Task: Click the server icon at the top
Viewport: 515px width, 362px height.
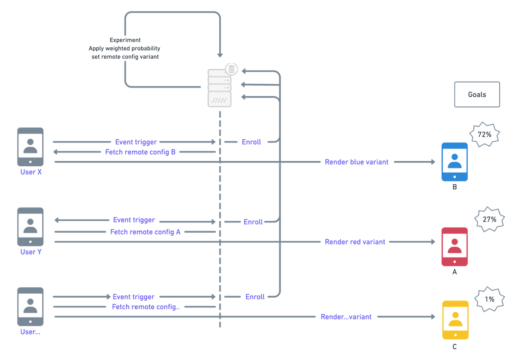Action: click(x=219, y=88)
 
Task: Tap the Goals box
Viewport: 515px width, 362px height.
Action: click(x=477, y=94)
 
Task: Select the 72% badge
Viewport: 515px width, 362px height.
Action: click(x=484, y=134)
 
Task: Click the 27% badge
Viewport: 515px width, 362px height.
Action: click(x=489, y=219)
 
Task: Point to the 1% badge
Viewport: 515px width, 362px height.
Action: click(x=489, y=299)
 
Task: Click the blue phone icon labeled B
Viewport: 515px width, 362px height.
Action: click(x=454, y=162)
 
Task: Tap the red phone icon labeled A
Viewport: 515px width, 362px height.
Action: click(x=454, y=247)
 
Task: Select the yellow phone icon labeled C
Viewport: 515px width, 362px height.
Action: click(x=455, y=320)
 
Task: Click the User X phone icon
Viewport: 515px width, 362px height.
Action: click(x=30, y=147)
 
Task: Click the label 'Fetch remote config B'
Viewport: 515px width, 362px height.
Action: click(x=140, y=152)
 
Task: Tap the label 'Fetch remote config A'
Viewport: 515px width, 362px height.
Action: click(x=145, y=232)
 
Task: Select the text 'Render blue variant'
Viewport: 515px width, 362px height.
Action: click(x=356, y=162)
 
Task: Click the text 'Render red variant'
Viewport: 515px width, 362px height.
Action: click(x=355, y=242)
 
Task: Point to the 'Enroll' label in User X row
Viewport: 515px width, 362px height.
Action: click(x=251, y=142)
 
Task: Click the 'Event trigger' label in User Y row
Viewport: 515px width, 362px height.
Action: click(x=133, y=220)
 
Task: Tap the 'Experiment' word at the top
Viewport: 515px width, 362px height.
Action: click(x=124, y=40)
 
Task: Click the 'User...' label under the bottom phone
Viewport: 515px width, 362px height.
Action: click(x=30, y=332)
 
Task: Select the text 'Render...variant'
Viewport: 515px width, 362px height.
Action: click(x=346, y=317)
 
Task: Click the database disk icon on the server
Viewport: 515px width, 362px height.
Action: click(x=232, y=69)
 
